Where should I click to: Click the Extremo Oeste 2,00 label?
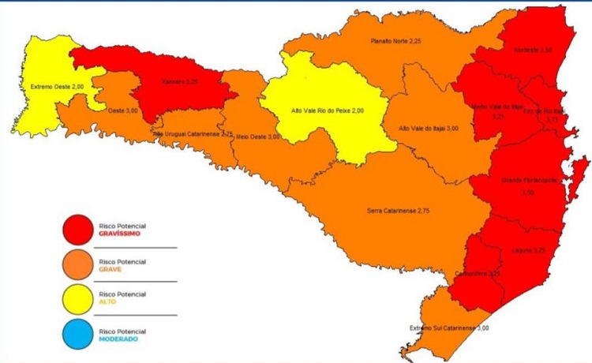pyautogui.click(x=56, y=87)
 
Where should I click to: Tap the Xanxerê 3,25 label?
pyautogui.click(x=180, y=80)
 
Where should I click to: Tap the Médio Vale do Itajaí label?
pyautogui.click(x=498, y=110)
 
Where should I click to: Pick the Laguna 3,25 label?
pyautogui.click(x=528, y=249)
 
